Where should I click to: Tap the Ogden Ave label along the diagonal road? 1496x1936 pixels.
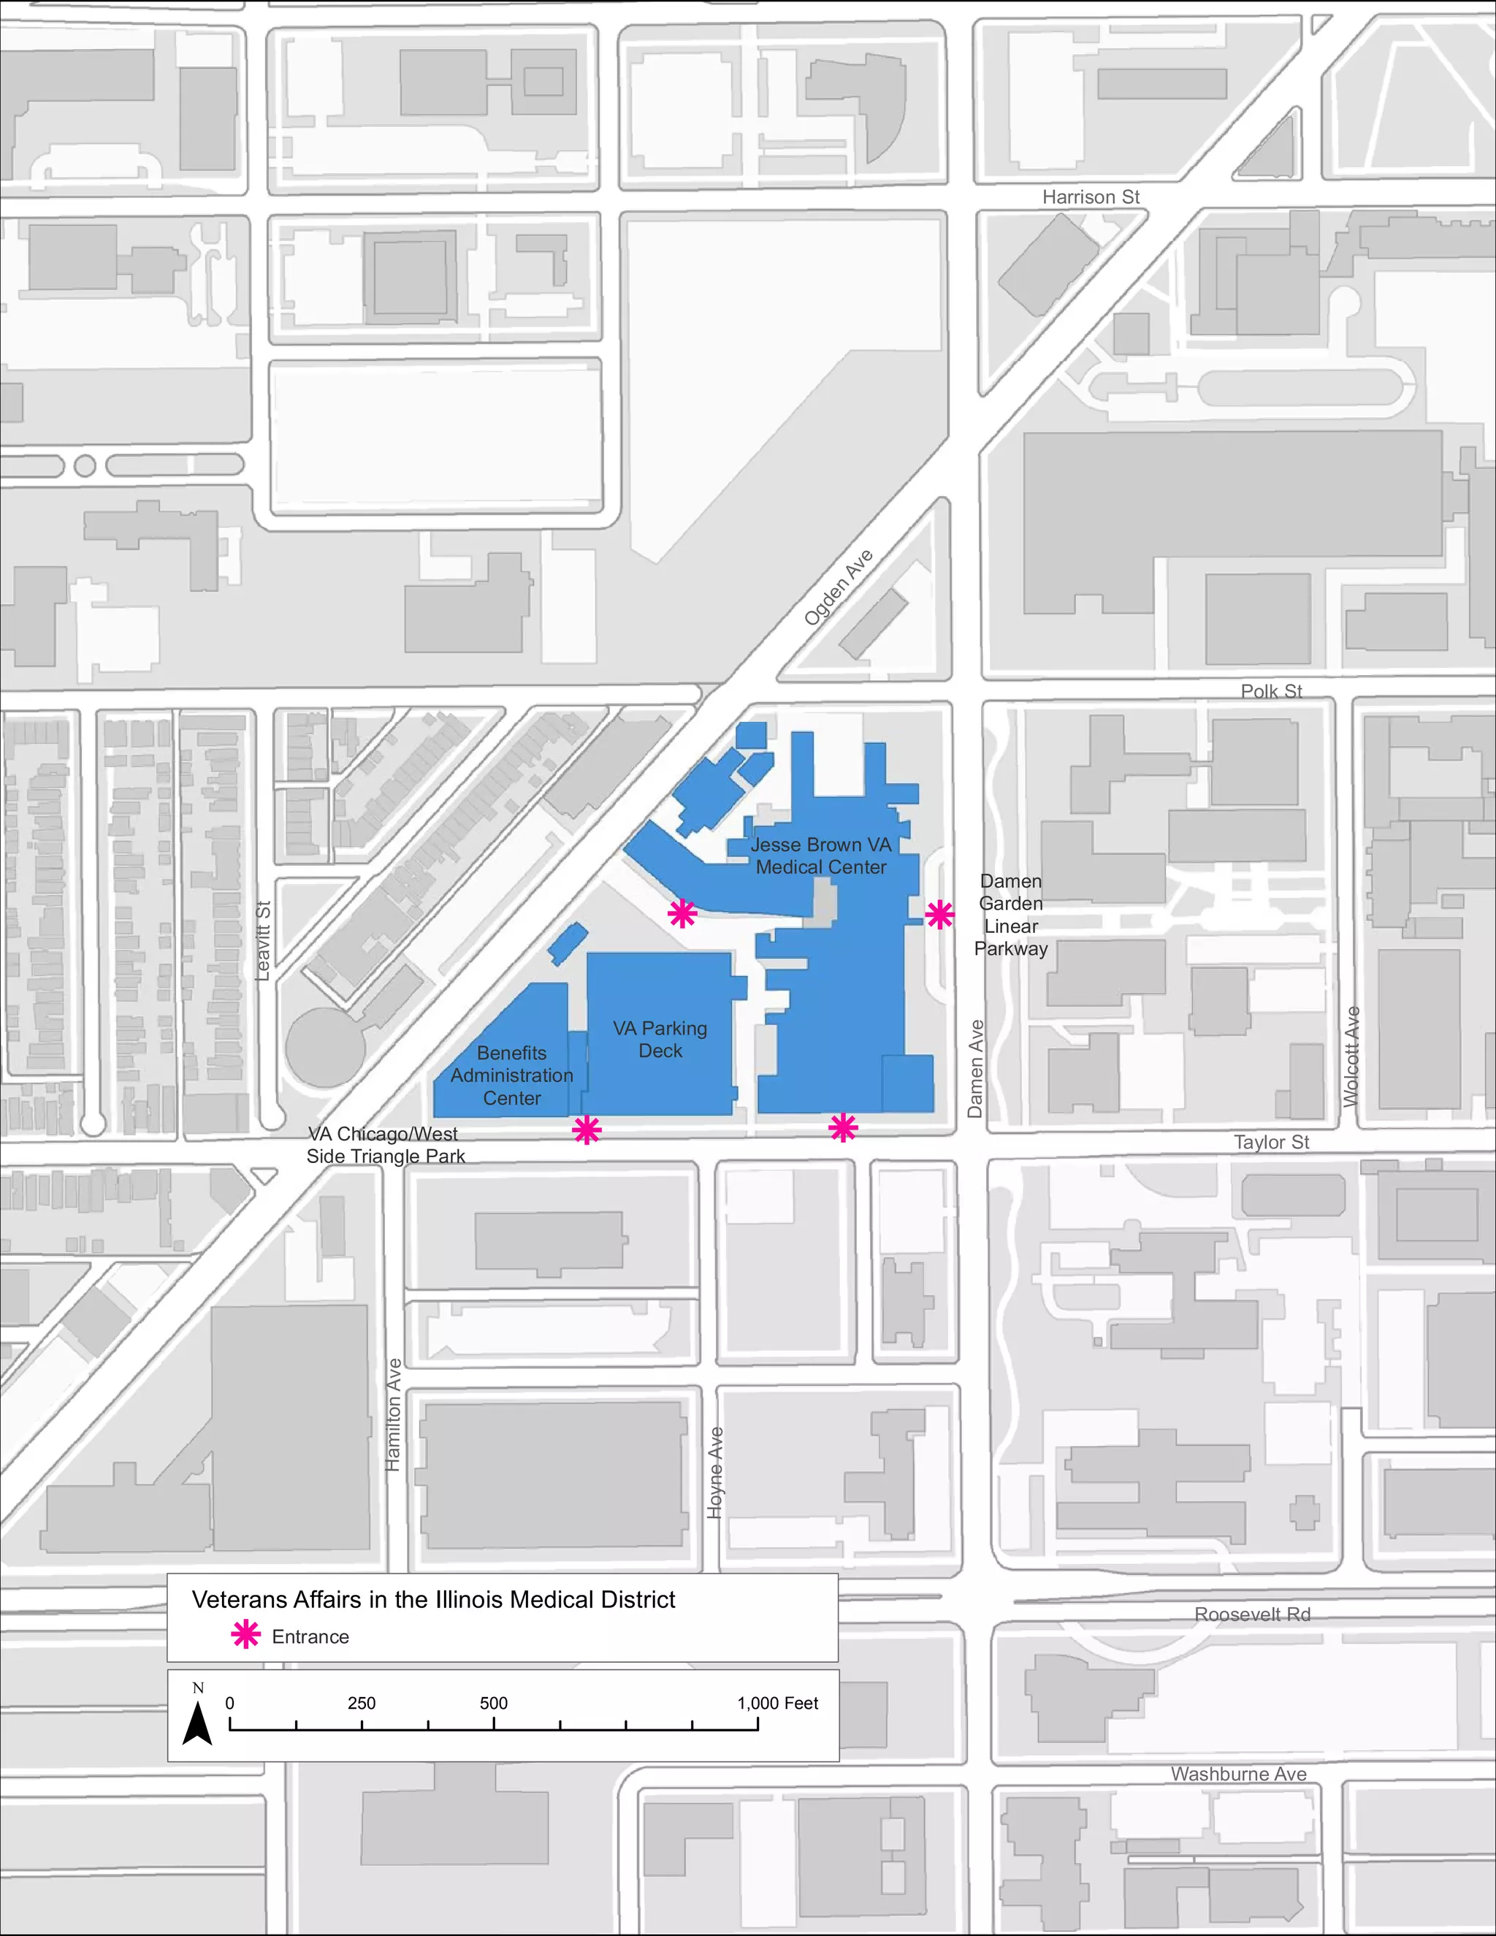[839, 587]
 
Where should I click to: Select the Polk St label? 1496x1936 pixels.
[1271, 690]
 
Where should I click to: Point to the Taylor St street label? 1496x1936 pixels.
[1271, 1142]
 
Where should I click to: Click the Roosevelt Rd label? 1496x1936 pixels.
[1251, 1615]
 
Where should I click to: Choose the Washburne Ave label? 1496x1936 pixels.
[1238, 1774]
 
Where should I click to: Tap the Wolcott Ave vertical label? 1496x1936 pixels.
[1351, 1056]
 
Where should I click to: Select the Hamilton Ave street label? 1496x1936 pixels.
[394, 1415]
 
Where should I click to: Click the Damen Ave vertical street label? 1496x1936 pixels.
[976, 1068]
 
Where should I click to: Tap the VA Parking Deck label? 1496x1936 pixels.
[660, 1039]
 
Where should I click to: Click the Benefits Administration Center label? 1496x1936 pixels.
[511, 1075]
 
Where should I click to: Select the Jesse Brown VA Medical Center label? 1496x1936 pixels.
[820, 855]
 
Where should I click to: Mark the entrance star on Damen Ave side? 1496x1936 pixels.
[939, 914]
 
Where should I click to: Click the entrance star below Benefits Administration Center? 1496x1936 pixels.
[587, 1130]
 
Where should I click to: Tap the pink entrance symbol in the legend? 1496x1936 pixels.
[245, 1636]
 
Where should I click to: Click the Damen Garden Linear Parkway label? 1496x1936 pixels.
[1010, 915]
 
